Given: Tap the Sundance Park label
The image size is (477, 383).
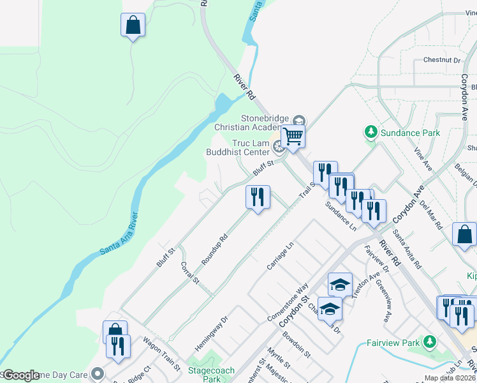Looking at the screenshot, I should [x=411, y=133].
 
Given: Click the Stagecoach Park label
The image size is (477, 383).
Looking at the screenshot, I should [x=211, y=375].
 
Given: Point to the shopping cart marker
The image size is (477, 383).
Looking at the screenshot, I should [x=293, y=136].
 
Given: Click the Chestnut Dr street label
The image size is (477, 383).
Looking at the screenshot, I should [x=441, y=61].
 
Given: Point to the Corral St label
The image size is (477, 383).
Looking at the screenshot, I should [x=190, y=273].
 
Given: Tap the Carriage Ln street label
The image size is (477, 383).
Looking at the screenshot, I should [x=281, y=253].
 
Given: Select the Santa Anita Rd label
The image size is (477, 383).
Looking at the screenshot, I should [x=408, y=248].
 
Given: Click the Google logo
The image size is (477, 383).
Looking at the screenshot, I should [x=21, y=375].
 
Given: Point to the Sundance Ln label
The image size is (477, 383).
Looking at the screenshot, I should [x=339, y=215].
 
